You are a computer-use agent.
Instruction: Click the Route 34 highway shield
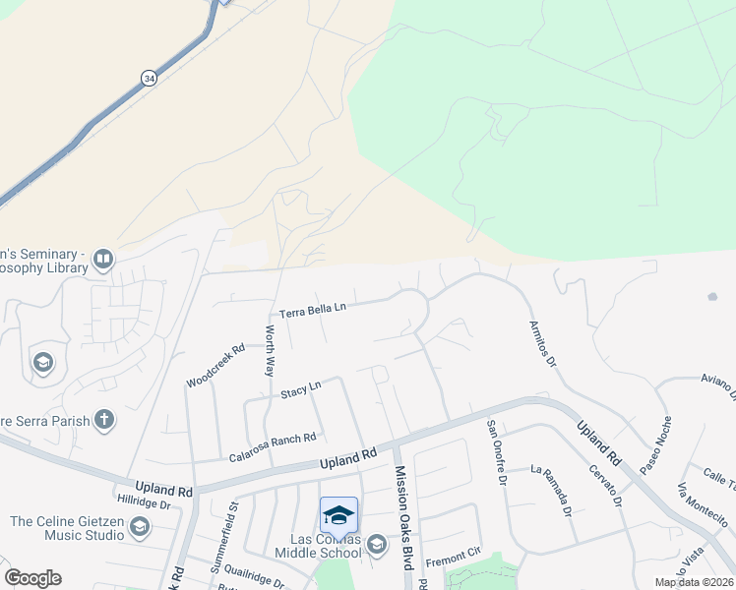(148, 78)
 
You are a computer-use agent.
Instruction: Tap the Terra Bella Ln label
(313, 310)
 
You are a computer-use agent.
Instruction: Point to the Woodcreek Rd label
(215, 365)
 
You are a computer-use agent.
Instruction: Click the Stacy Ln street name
(300, 390)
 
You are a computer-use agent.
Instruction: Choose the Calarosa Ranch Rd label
(272, 445)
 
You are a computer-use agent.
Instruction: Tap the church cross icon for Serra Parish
(103, 420)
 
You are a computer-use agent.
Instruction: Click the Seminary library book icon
(103, 261)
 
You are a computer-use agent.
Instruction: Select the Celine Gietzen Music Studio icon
(140, 528)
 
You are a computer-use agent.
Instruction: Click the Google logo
(32, 578)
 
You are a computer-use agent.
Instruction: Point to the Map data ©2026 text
(693, 582)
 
